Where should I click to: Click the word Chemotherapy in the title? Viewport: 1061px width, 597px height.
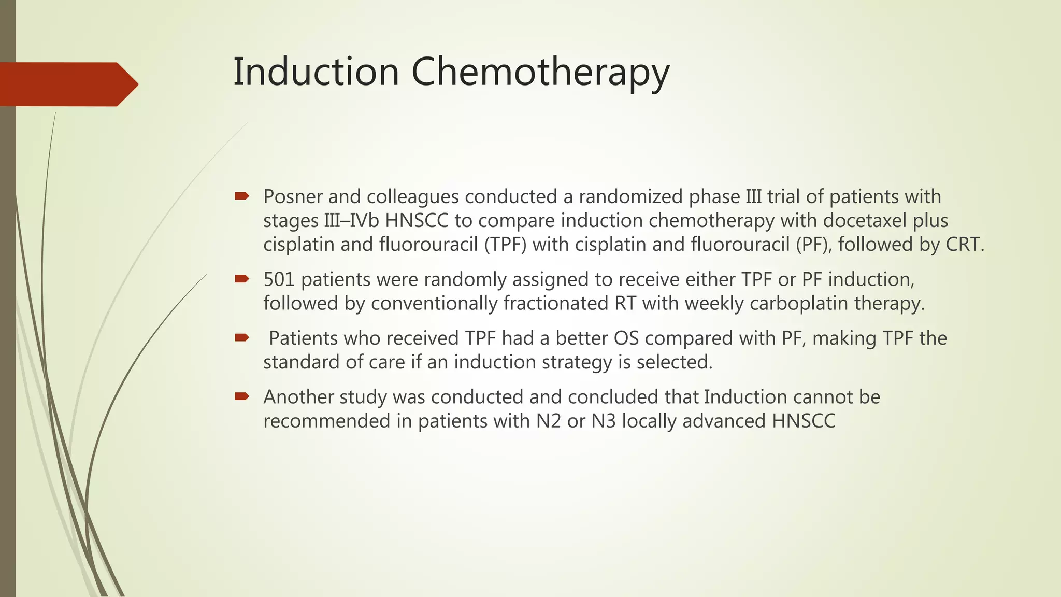click(540, 73)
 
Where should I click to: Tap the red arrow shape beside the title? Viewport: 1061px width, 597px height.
click(67, 84)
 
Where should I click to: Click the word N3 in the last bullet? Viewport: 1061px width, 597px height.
click(604, 421)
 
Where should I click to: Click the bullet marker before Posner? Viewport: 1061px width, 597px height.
click(241, 196)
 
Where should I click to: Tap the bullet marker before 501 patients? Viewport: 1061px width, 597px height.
click(241, 279)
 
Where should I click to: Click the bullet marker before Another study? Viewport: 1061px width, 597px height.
click(241, 396)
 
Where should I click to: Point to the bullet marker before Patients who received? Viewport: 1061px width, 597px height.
click(241, 338)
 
